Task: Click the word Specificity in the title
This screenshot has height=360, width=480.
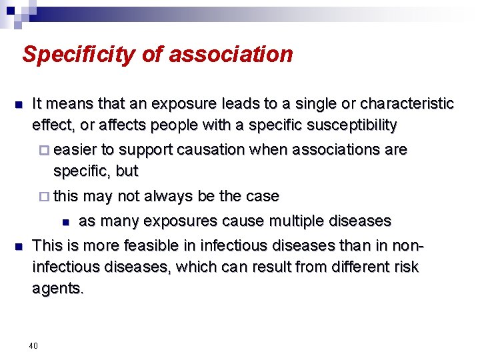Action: point(79,54)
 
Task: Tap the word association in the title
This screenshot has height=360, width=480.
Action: point(231,54)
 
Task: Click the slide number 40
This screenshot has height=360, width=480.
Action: point(33,345)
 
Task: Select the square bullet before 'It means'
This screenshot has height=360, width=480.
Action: point(19,105)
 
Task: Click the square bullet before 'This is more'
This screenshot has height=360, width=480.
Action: point(19,247)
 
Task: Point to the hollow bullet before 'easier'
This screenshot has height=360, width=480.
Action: point(45,150)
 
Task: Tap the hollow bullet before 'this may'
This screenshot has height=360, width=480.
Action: point(45,197)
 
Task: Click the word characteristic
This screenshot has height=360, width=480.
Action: point(407,104)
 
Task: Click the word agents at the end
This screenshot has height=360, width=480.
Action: point(57,288)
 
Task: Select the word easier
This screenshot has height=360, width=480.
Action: point(75,149)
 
